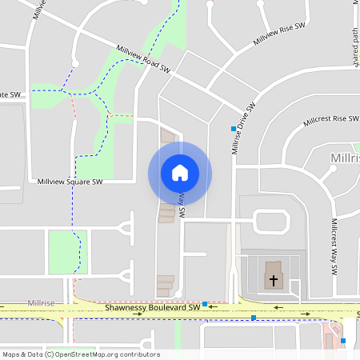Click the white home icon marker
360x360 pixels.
tap(179, 173)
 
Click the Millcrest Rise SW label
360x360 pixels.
tap(331, 121)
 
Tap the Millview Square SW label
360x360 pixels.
tap(70, 182)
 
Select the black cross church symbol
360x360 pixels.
tap(274, 281)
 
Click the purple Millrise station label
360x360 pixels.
tap(41, 303)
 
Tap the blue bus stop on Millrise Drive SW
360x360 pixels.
tap(234, 129)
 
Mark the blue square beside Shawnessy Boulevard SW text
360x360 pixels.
tap(206, 304)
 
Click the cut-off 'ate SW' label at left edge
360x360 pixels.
tap(11, 94)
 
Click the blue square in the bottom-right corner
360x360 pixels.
tap(343, 342)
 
